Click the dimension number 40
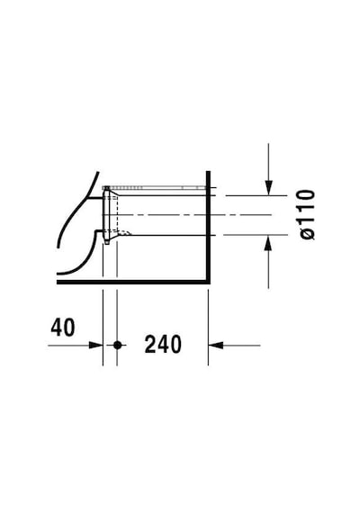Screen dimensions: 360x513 [x=63, y=328]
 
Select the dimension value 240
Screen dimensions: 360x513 [x=163, y=344]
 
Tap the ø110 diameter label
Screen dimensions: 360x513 [x=307, y=214]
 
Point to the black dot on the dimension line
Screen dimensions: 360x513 [x=117, y=345]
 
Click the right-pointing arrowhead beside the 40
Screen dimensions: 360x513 [x=96, y=345]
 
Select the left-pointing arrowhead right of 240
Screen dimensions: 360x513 [x=216, y=345]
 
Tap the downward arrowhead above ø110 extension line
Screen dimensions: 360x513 [x=268, y=188]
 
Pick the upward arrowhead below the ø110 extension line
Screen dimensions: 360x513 [x=268, y=243]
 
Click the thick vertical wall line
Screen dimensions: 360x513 [x=208, y=227]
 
